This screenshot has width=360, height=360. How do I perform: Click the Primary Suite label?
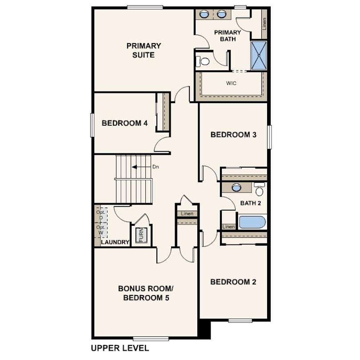pyautogui.click(x=144, y=50)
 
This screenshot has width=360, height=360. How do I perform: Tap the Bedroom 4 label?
pyautogui.click(x=125, y=123)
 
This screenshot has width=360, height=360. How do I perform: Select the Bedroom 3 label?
pyautogui.click(x=233, y=135)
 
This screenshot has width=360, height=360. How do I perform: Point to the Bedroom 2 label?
pyautogui.click(x=233, y=282)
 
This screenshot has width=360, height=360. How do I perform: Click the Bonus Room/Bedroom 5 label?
pyautogui.click(x=146, y=293)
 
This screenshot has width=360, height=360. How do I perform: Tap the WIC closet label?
pyautogui.click(x=231, y=83)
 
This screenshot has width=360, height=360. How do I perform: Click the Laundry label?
pyautogui.click(x=115, y=242)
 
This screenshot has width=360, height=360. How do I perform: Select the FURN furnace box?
pyautogui.click(x=141, y=235)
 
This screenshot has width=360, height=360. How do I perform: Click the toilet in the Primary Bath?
pyautogui.click(x=203, y=61)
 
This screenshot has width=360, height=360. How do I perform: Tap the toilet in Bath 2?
pyautogui.click(x=260, y=189)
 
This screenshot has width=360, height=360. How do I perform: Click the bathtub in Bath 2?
pyautogui.click(x=252, y=222)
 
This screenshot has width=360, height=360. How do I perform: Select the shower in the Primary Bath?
pyautogui.click(x=259, y=55)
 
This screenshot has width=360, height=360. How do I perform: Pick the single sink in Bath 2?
pyautogui.click(x=236, y=188)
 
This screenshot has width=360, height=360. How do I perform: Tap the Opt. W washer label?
pyautogui.click(x=101, y=230)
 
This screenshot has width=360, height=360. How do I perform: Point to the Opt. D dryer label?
pyautogui.click(x=101, y=215)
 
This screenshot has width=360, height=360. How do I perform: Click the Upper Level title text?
pyautogui.click(x=120, y=348)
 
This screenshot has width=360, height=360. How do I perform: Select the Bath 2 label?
pyautogui.click(x=251, y=203)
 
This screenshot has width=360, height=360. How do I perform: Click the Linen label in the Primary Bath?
pyautogui.click(x=264, y=24)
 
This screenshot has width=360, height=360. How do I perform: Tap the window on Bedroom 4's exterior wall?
pyautogui.click(x=92, y=125)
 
